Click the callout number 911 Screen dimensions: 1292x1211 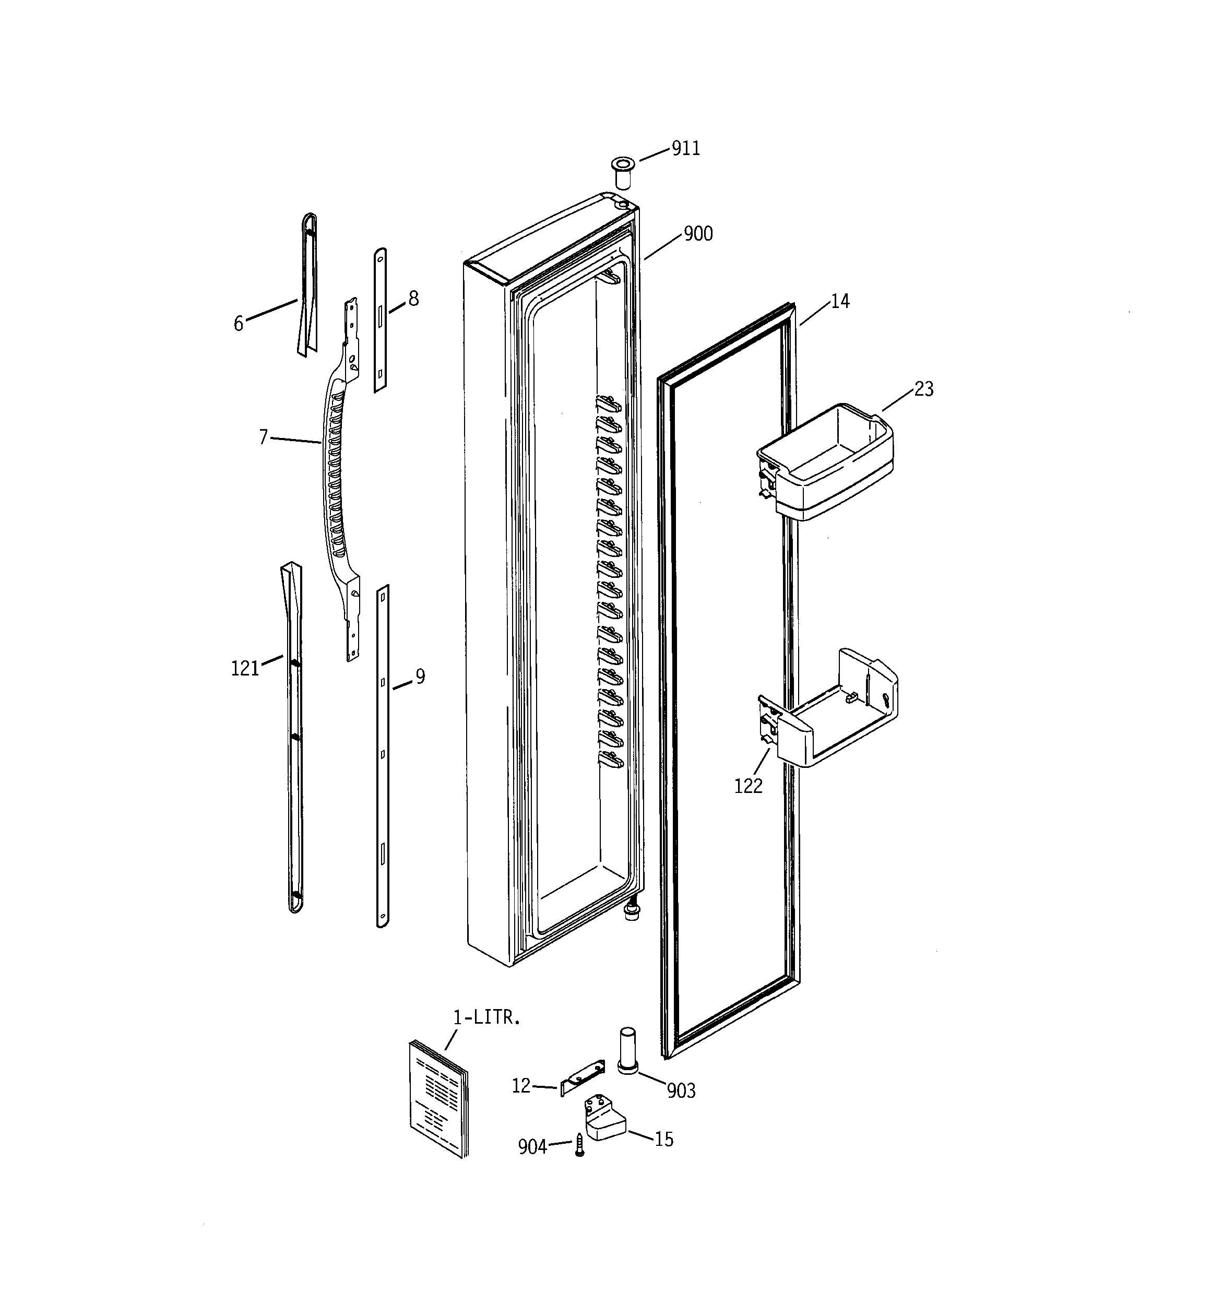[x=685, y=149]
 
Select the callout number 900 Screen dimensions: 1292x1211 [x=698, y=234]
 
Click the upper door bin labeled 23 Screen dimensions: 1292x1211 [x=826, y=461]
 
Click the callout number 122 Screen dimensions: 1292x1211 [x=747, y=786]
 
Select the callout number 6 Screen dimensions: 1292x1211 [x=239, y=323]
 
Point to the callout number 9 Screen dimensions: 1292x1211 [x=421, y=677]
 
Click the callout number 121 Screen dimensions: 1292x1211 [x=245, y=668]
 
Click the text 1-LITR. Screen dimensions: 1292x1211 [x=486, y=1018]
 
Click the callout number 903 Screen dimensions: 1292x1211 [x=681, y=1091]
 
